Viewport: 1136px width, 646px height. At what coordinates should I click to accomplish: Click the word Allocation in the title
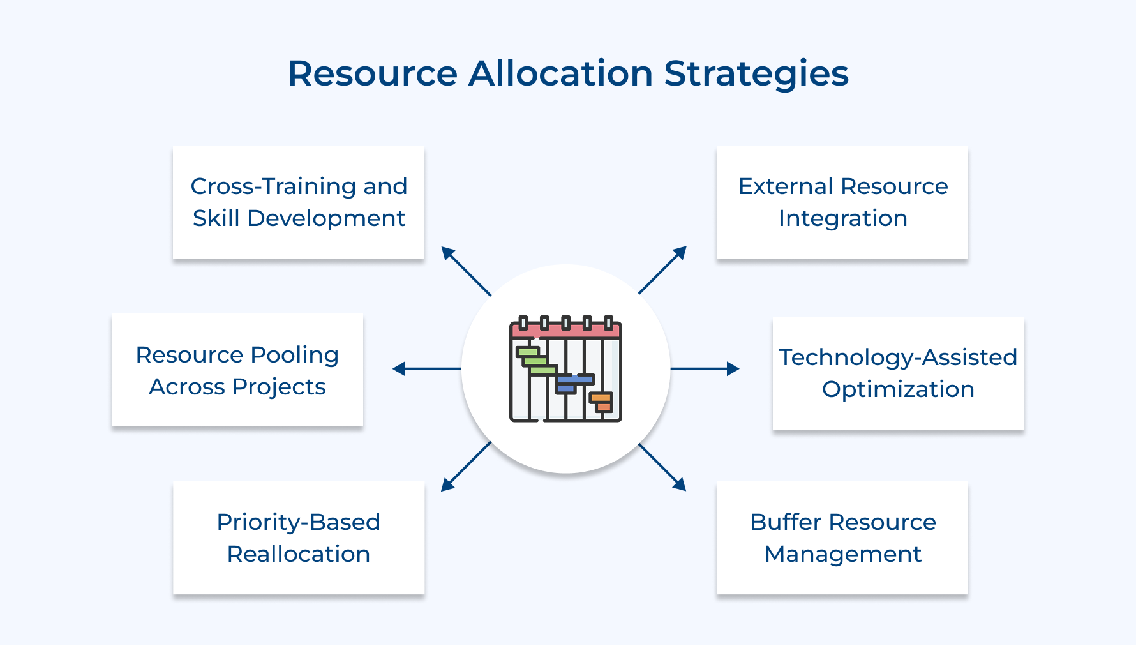pyautogui.click(x=560, y=73)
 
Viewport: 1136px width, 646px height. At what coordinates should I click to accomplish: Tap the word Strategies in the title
pyautogui.click(x=756, y=75)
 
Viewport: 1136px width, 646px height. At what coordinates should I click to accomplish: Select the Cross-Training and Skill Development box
pyautogui.click(x=299, y=202)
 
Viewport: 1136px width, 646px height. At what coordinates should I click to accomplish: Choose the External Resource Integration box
pyautogui.click(x=842, y=202)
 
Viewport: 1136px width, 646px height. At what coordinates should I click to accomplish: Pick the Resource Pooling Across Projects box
pyautogui.click(x=237, y=370)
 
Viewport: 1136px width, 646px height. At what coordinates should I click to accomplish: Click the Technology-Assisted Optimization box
pyautogui.click(x=898, y=373)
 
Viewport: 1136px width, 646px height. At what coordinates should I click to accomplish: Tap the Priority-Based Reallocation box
pyautogui.click(x=299, y=537)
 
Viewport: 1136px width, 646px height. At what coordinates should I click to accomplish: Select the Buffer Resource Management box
pyautogui.click(x=842, y=537)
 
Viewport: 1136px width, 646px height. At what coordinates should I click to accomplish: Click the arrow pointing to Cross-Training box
pyautogui.click(x=466, y=271)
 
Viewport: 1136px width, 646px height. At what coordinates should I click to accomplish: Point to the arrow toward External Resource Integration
pyautogui.click(x=662, y=270)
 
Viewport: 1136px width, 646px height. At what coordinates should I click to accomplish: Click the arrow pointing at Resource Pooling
pyautogui.click(x=426, y=368)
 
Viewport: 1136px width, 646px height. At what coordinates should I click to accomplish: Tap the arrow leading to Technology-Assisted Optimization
pyautogui.click(x=705, y=368)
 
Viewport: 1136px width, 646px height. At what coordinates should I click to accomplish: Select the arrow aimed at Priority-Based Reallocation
pyautogui.click(x=466, y=467)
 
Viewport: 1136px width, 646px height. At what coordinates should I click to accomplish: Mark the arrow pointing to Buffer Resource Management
pyautogui.click(x=662, y=467)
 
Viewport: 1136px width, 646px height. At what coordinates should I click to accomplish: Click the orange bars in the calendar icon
pyautogui.click(x=601, y=402)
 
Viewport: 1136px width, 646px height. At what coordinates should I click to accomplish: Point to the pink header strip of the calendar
pyautogui.click(x=565, y=331)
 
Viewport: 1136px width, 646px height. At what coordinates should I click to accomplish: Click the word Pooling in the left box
pyautogui.click(x=294, y=355)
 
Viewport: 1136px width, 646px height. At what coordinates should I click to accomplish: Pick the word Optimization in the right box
pyautogui.click(x=898, y=389)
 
